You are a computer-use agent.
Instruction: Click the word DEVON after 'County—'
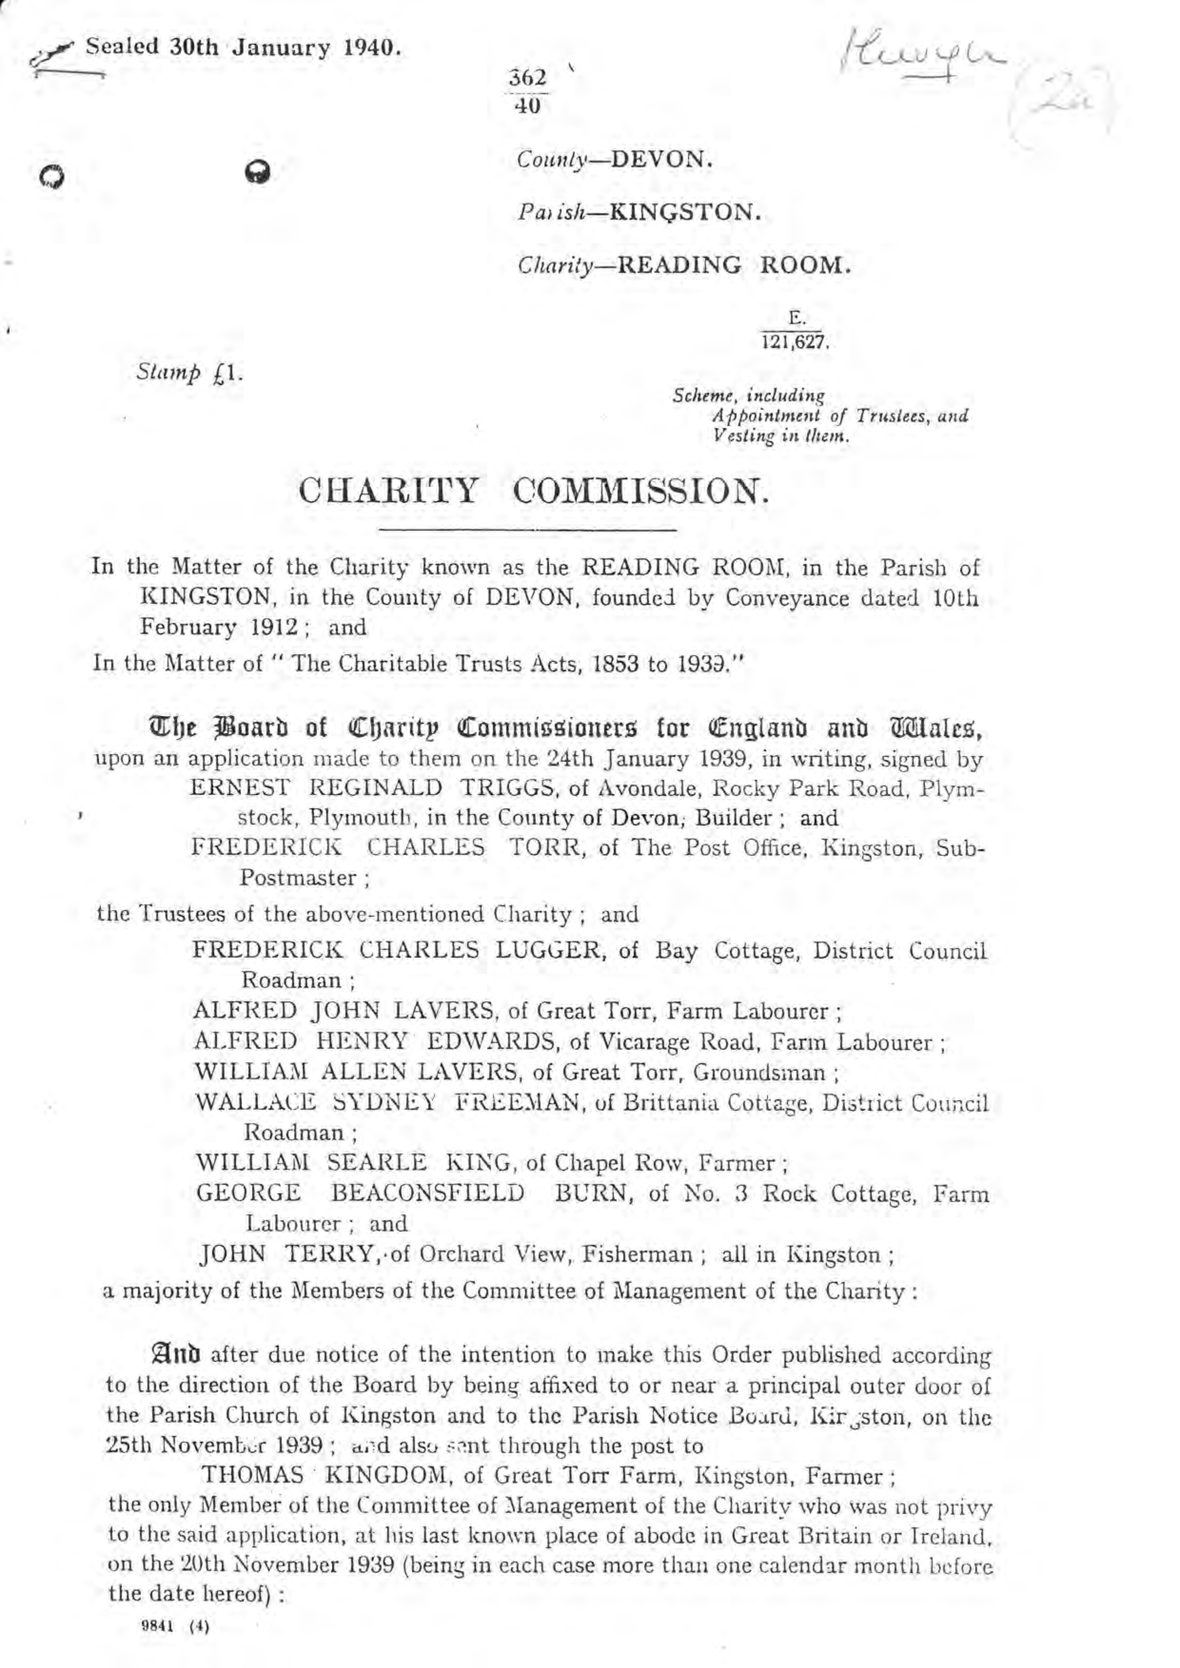[x=660, y=158]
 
